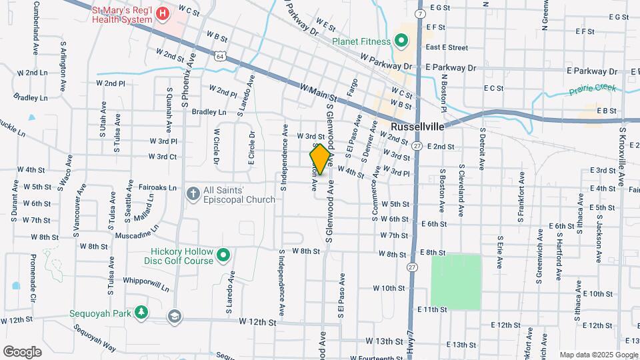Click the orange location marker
pyautogui.click(x=321, y=159)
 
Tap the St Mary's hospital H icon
pyautogui.click(x=162, y=13)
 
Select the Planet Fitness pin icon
pyautogui.click(x=401, y=41)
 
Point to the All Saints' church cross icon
pyautogui.click(x=193, y=193)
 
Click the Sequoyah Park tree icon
pyautogui.click(x=141, y=312)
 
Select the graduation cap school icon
pyautogui.click(x=174, y=315)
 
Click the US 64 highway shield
pyautogui.click(x=219, y=57)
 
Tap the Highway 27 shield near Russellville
pyautogui.click(x=417, y=145)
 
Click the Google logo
pyautogui.click(x=22, y=352)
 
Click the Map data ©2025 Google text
pyautogui.click(x=598, y=355)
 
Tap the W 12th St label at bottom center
pyautogui.click(x=257, y=323)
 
